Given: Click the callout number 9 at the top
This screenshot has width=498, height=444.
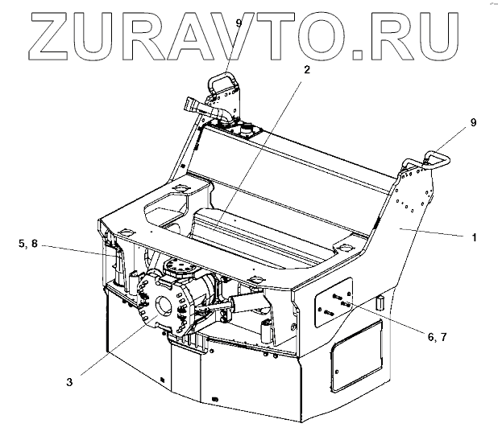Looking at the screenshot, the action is tap(238, 23).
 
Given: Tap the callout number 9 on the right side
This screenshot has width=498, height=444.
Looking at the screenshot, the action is tap(473, 122).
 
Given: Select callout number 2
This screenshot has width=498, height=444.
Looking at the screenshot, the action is tap(306, 70).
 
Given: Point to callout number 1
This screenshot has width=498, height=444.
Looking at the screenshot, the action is tap(475, 238).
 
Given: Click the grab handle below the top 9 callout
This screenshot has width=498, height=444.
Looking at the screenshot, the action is tap(222, 83).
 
